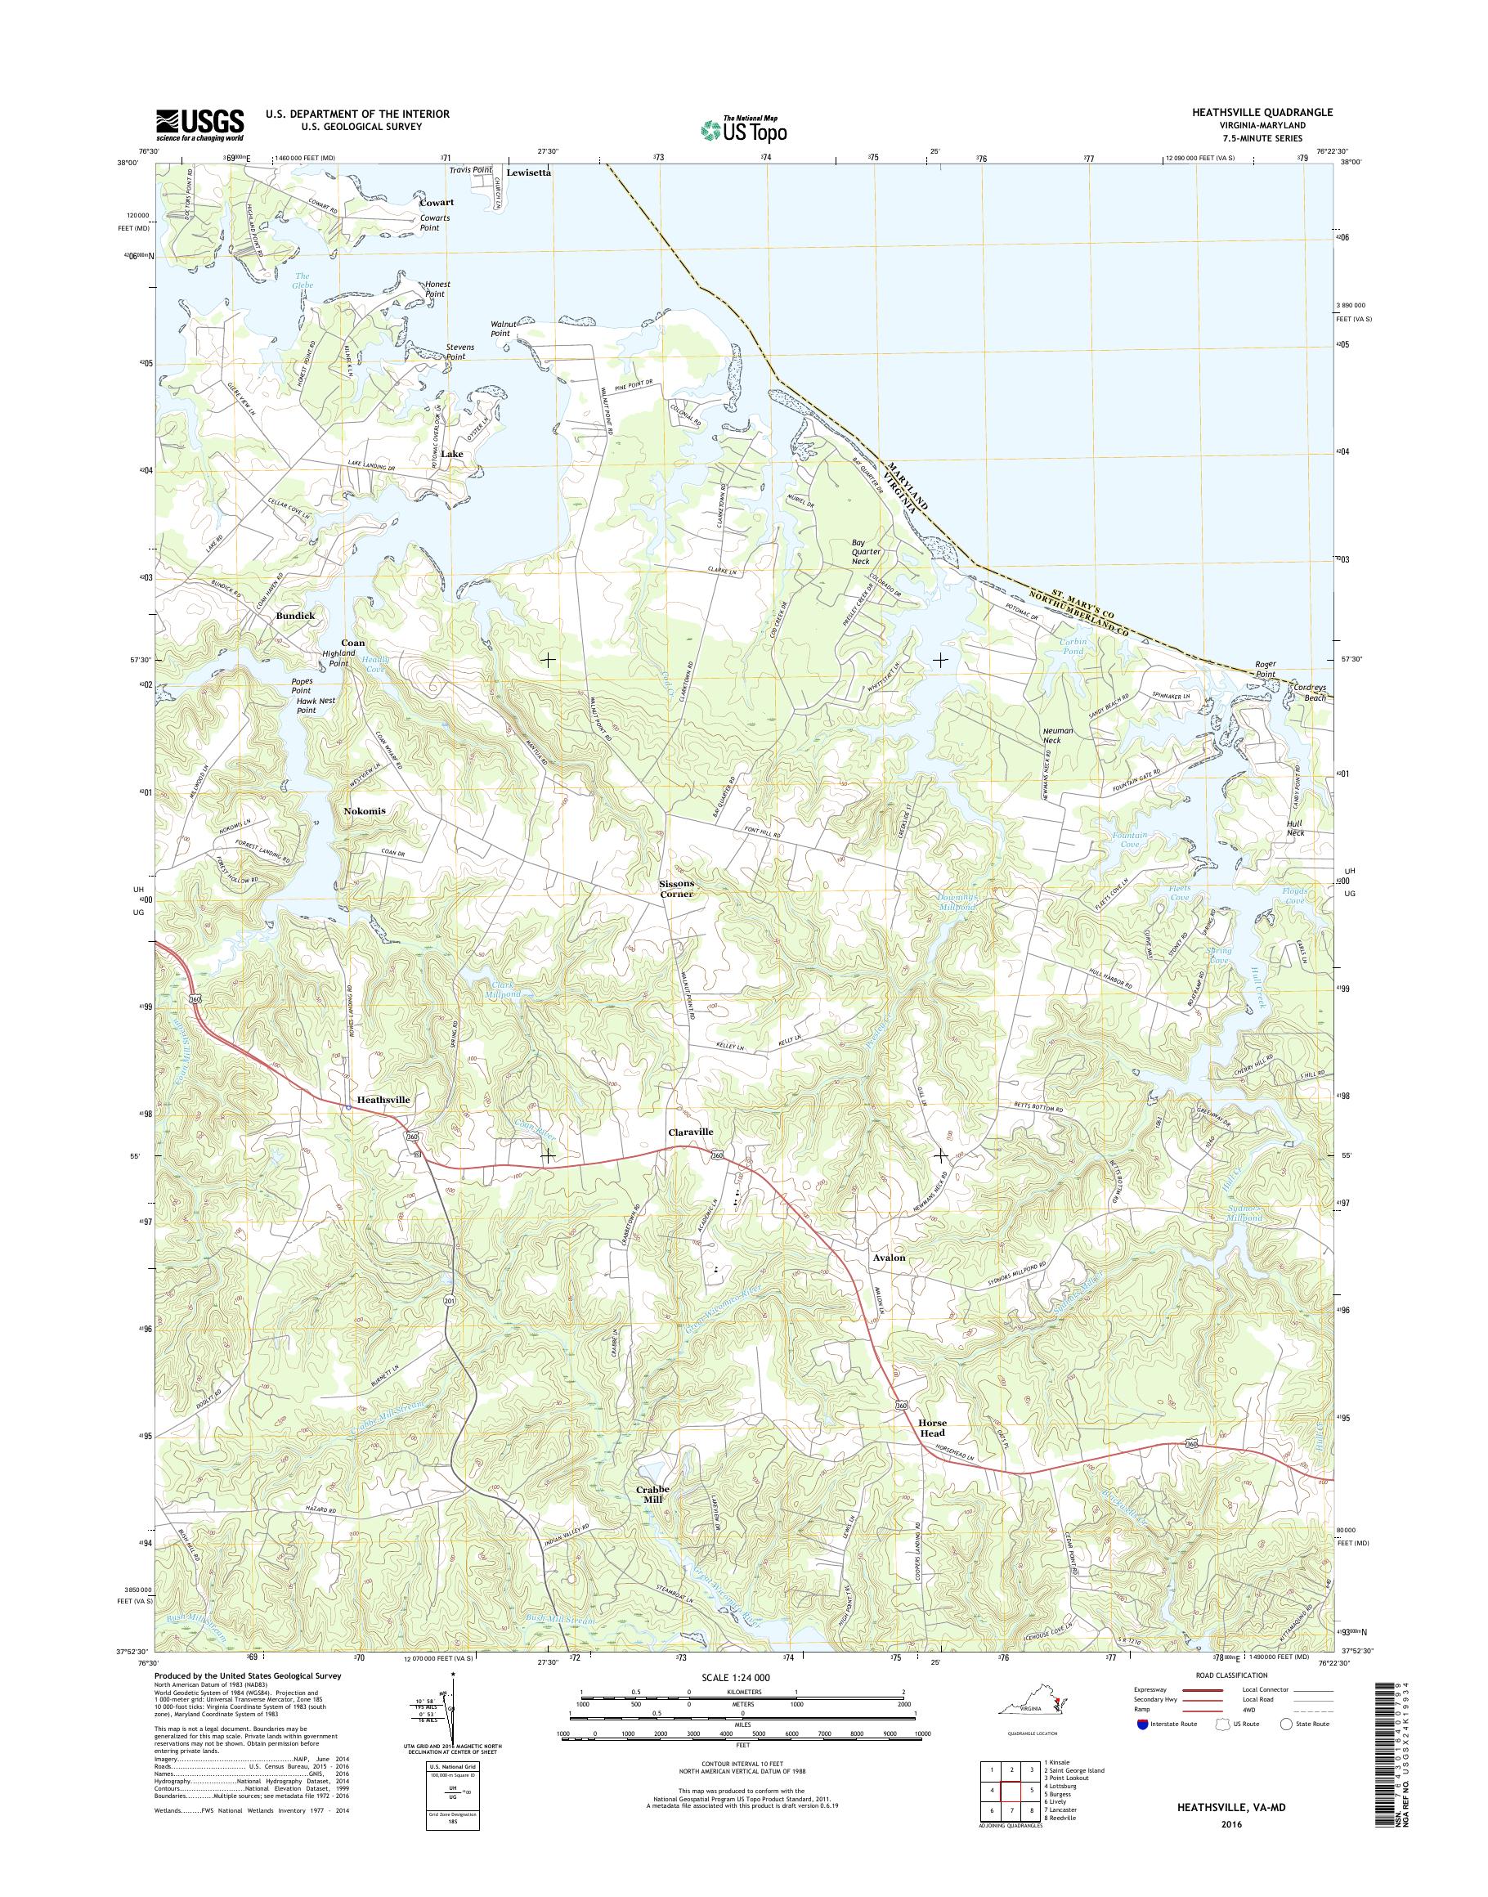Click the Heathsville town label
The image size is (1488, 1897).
(383, 1101)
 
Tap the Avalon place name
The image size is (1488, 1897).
(889, 1258)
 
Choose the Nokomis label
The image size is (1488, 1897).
(364, 810)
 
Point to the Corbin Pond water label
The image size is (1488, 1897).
(1073, 647)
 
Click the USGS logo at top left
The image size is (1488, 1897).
(199, 125)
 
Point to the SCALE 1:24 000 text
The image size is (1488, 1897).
(743, 1677)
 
